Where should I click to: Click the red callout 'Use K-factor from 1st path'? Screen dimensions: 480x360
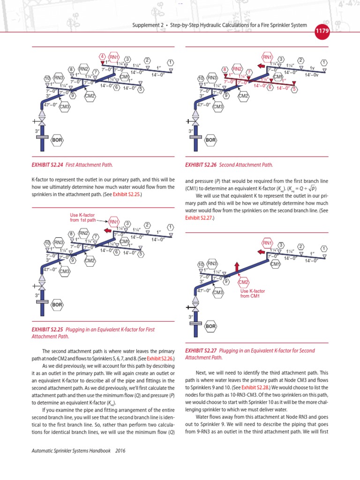pos(82,217)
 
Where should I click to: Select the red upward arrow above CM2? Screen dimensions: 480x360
pos(237,267)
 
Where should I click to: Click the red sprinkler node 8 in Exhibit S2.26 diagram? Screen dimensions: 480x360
pos(225,69)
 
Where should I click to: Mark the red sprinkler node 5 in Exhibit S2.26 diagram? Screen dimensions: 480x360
pos(294,89)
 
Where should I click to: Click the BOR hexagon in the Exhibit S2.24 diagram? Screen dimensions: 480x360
pos(57,140)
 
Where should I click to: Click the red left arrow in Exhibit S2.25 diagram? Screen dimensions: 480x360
pos(107,231)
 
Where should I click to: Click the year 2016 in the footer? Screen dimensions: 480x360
pos(121,451)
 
